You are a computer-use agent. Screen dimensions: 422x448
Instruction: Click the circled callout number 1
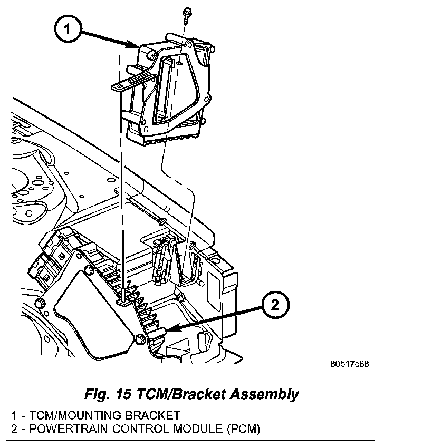[68, 29]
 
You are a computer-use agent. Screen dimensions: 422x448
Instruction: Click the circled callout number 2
[275, 305]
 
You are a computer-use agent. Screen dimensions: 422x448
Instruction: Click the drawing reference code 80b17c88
[349, 364]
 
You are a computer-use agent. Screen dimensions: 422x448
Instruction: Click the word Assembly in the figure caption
[264, 395]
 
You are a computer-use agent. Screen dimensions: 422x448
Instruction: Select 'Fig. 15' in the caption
[108, 394]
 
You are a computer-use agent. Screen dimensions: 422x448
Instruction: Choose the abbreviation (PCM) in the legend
[244, 430]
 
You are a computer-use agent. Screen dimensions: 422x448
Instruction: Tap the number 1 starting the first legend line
[14, 415]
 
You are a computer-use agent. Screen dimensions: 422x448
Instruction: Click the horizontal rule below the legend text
[190, 441]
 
